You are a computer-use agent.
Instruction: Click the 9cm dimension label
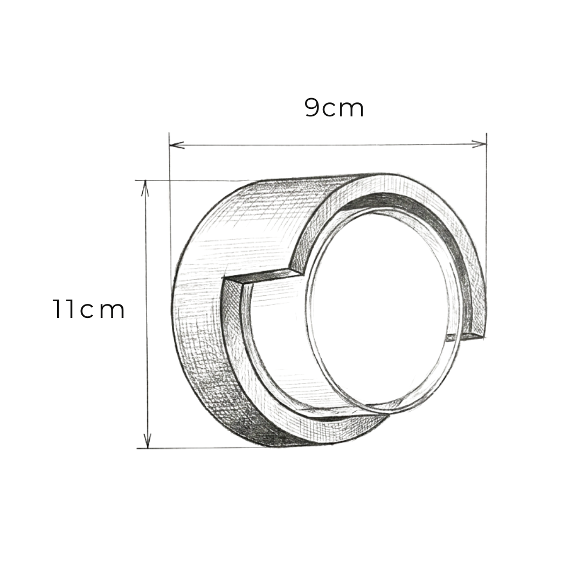click(335, 108)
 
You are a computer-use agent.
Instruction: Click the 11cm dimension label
click(88, 309)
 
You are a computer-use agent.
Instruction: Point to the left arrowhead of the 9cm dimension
click(177, 145)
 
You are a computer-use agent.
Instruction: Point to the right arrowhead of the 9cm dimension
click(479, 144)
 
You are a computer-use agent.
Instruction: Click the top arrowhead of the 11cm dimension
click(145, 188)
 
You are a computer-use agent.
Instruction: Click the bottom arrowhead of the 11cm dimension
click(147, 440)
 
